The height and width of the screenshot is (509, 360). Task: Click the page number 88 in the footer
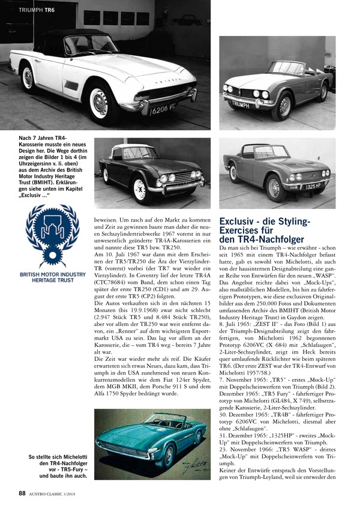pos(22,493)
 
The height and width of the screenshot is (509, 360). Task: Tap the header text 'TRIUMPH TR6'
pos(38,10)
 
